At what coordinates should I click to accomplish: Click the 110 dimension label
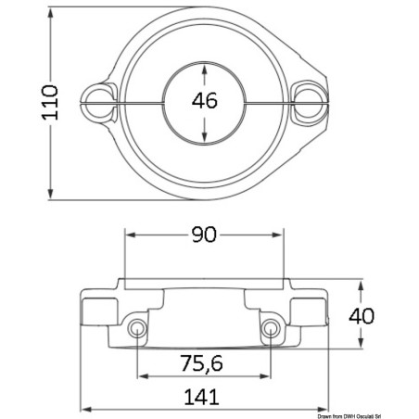pyautogui.click(x=50, y=102)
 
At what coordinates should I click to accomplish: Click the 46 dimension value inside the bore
pyautogui.click(x=205, y=101)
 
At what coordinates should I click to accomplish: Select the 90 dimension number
pyautogui.click(x=204, y=235)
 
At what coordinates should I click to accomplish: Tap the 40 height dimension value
pyautogui.click(x=362, y=316)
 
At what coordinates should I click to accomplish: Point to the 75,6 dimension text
pyautogui.click(x=201, y=362)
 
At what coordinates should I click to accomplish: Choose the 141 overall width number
pyautogui.click(x=201, y=397)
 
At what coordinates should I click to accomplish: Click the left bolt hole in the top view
pyautogui.click(x=98, y=102)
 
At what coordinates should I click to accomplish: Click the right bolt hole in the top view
pyautogui.click(x=309, y=102)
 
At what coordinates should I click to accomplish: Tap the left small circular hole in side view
pyautogui.click(x=137, y=328)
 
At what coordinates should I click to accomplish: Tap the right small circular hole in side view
pyautogui.click(x=270, y=328)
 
